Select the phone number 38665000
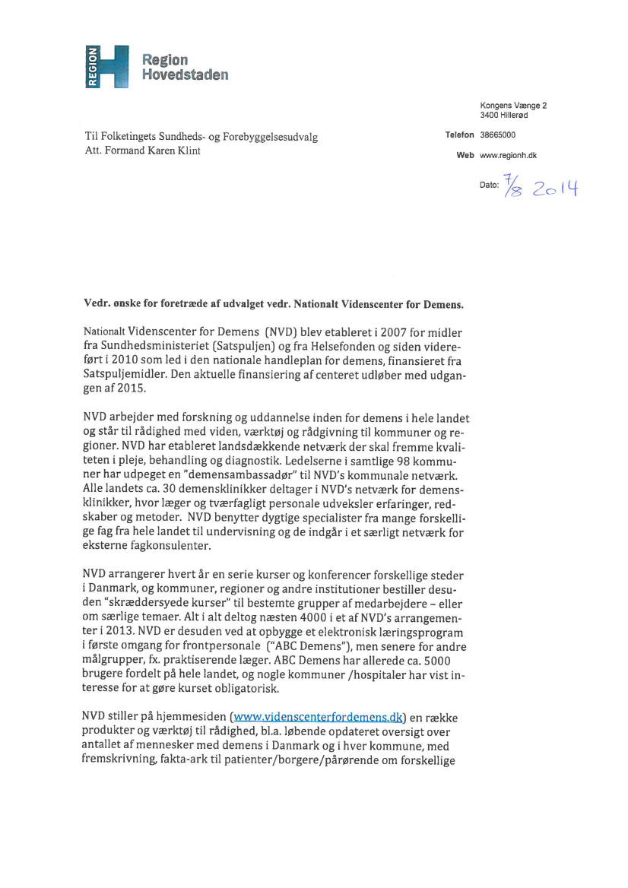[497, 135]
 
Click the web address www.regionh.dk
[509, 155]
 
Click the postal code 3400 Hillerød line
[503, 115]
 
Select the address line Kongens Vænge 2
[513, 105]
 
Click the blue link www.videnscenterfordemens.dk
[317, 716]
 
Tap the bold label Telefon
[459, 135]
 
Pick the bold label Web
[465, 155]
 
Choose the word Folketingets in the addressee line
[132, 137]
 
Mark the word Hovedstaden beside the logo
[185, 75]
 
